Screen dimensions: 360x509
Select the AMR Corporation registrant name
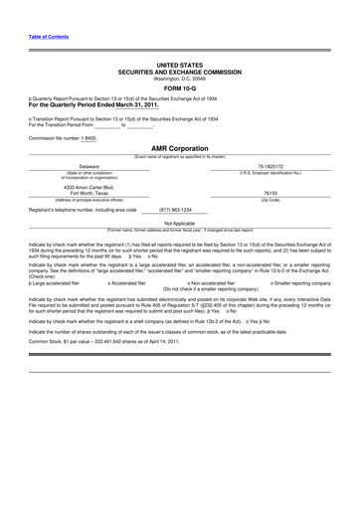click(x=179, y=148)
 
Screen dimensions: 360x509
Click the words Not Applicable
click(x=179, y=224)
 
